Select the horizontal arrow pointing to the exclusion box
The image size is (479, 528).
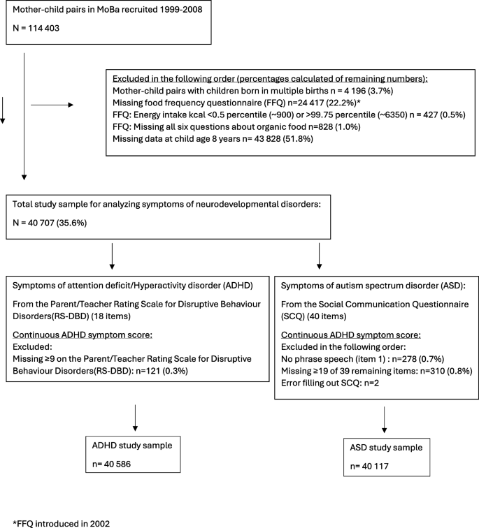coord(52,105)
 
